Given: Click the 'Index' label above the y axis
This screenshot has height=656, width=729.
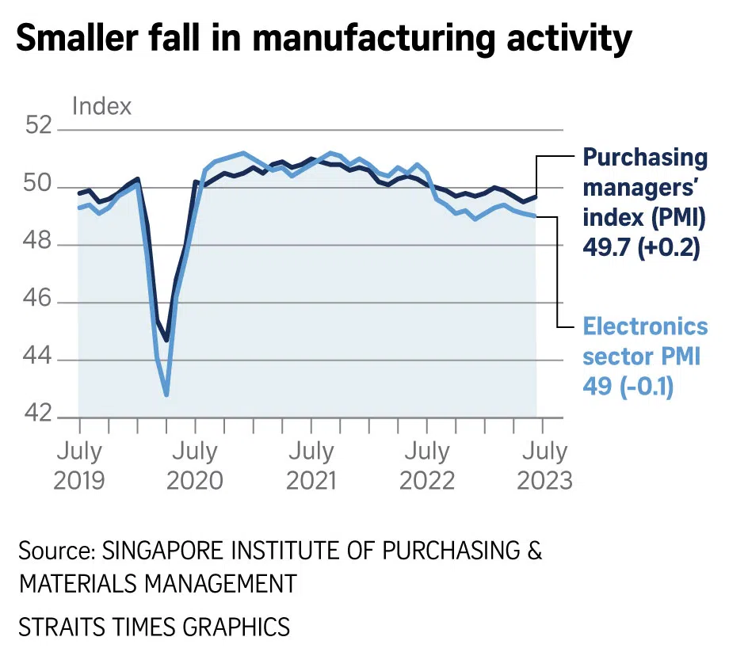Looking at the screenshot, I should coord(101,106).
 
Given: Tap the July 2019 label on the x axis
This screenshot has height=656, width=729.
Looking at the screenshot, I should coord(78,465).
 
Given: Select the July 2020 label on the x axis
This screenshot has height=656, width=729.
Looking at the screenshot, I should coord(195,465).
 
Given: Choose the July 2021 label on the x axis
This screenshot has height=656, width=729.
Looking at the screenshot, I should coord(311,465).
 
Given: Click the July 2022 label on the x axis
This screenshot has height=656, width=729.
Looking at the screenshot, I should coord(427,465).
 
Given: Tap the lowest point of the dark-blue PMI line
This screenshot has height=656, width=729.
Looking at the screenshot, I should coord(166,340).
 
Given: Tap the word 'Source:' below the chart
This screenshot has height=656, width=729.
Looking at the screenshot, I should coord(54,551).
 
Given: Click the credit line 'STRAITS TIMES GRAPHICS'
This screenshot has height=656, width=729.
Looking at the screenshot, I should coord(155,627).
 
